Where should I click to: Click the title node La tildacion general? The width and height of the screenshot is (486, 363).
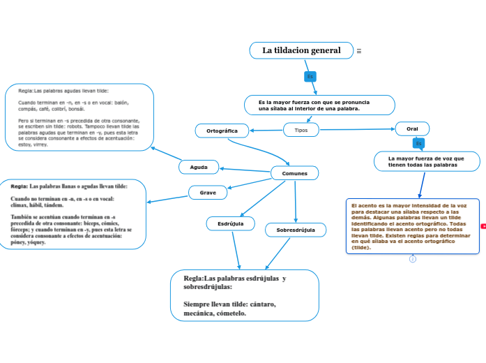pos(301,50)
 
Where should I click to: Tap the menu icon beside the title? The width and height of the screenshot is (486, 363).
pos(359,51)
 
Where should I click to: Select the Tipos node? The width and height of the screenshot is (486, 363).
pos(301,130)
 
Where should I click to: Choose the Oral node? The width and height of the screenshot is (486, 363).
pos(412,128)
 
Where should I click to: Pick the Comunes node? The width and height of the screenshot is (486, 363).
pos(294,172)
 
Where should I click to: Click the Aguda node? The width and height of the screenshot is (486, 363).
pos(199,167)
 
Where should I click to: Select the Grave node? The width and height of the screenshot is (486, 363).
pos(208,192)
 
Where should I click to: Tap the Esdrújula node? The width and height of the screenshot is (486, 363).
pos(231,223)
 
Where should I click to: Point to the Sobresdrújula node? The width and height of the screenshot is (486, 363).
pos(296,230)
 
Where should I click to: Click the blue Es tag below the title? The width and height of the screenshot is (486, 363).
pos(310,76)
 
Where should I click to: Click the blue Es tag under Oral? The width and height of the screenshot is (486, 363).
pos(418,143)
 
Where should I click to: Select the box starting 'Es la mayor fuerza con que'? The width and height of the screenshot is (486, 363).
pos(319,105)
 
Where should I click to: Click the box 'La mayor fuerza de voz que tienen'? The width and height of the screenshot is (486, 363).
pos(426,161)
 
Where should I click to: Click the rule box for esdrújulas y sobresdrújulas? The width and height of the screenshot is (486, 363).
pos(245,295)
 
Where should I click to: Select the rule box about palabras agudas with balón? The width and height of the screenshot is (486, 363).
pos(79,117)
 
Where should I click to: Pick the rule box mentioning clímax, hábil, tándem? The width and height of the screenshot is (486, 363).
pos(73,214)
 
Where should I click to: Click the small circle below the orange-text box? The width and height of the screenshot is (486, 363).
pos(412,259)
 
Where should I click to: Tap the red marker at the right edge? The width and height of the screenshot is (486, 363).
pos(483,226)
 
